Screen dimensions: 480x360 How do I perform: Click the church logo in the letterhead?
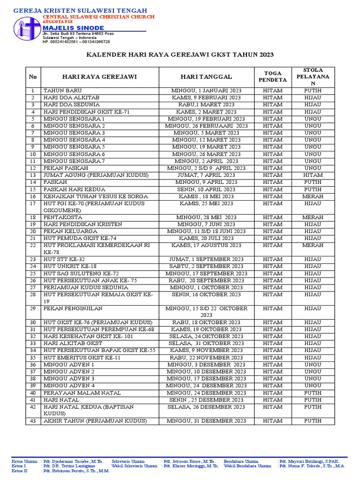(27, 30)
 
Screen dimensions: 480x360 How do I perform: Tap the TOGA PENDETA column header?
(273, 76)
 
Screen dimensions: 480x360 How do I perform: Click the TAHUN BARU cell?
(63, 90)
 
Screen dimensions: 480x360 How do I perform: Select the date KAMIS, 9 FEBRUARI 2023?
(206, 97)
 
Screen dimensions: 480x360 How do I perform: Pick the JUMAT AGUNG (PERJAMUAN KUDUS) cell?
(96, 175)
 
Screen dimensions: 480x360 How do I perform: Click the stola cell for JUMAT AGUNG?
(313, 175)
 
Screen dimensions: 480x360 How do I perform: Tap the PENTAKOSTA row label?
(63, 217)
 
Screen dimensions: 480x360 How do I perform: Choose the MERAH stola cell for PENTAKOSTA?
(313, 217)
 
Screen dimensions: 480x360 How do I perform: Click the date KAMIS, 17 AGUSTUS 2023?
(206, 245)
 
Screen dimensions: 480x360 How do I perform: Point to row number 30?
(33, 322)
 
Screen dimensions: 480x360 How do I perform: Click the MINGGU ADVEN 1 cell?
(69, 365)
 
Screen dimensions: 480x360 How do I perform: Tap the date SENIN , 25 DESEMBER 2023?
(206, 400)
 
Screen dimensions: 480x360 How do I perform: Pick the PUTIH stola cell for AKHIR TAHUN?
(313, 421)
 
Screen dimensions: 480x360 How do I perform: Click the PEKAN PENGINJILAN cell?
(73, 308)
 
